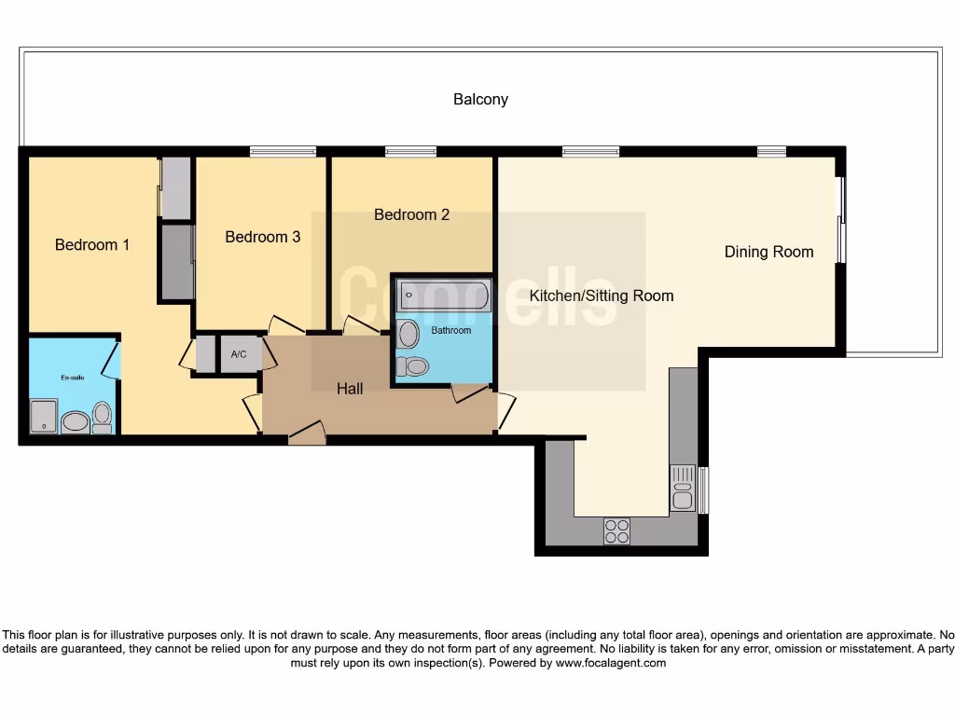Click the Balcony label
(x=480, y=99)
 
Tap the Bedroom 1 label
(x=92, y=245)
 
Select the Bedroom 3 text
(x=262, y=237)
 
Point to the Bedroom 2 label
(x=411, y=215)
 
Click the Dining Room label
(x=768, y=252)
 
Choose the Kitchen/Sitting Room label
(x=602, y=296)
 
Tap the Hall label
(x=350, y=389)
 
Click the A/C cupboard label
(x=239, y=354)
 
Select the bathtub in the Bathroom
(x=445, y=296)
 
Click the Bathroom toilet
(x=413, y=365)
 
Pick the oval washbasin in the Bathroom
(x=408, y=335)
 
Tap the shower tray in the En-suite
(x=43, y=416)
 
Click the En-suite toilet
(x=102, y=417)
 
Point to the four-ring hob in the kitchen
(x=616, y=530)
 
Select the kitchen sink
(x=683, y=489)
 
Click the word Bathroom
(x=451, y=331)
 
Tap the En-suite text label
(x=73, y=378)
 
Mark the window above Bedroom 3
(x=284, y=152)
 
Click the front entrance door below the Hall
(x=307, y=434)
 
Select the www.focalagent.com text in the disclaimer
(x=611, y=663)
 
